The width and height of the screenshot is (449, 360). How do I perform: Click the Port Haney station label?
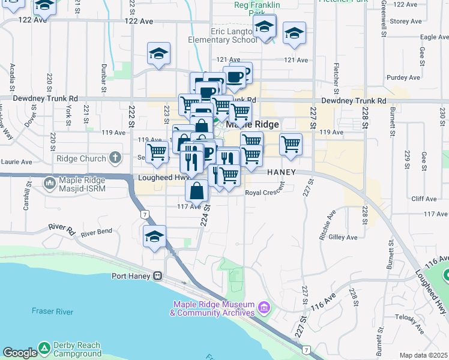point(132,276)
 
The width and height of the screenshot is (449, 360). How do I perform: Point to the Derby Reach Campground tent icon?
point(44,348)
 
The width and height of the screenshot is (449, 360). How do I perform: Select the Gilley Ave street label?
point(343,238)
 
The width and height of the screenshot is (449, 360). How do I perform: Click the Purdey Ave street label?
point(403,77)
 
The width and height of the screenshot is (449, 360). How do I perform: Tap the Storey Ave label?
point(407,21)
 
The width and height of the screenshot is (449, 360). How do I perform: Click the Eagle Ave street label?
point(435,37)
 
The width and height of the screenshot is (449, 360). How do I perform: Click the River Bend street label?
point(97,232)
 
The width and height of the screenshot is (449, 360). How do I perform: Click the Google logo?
point(19,353)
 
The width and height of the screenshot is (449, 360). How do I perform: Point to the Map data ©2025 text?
point(423,355)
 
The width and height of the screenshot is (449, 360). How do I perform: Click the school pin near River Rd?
point(154,236)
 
